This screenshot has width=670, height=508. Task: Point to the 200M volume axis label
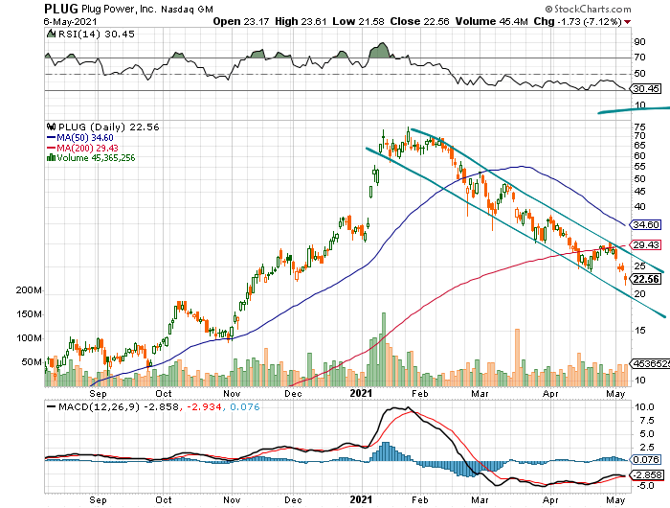(x=28, y=290)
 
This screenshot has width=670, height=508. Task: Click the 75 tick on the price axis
(x=638, y=127)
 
